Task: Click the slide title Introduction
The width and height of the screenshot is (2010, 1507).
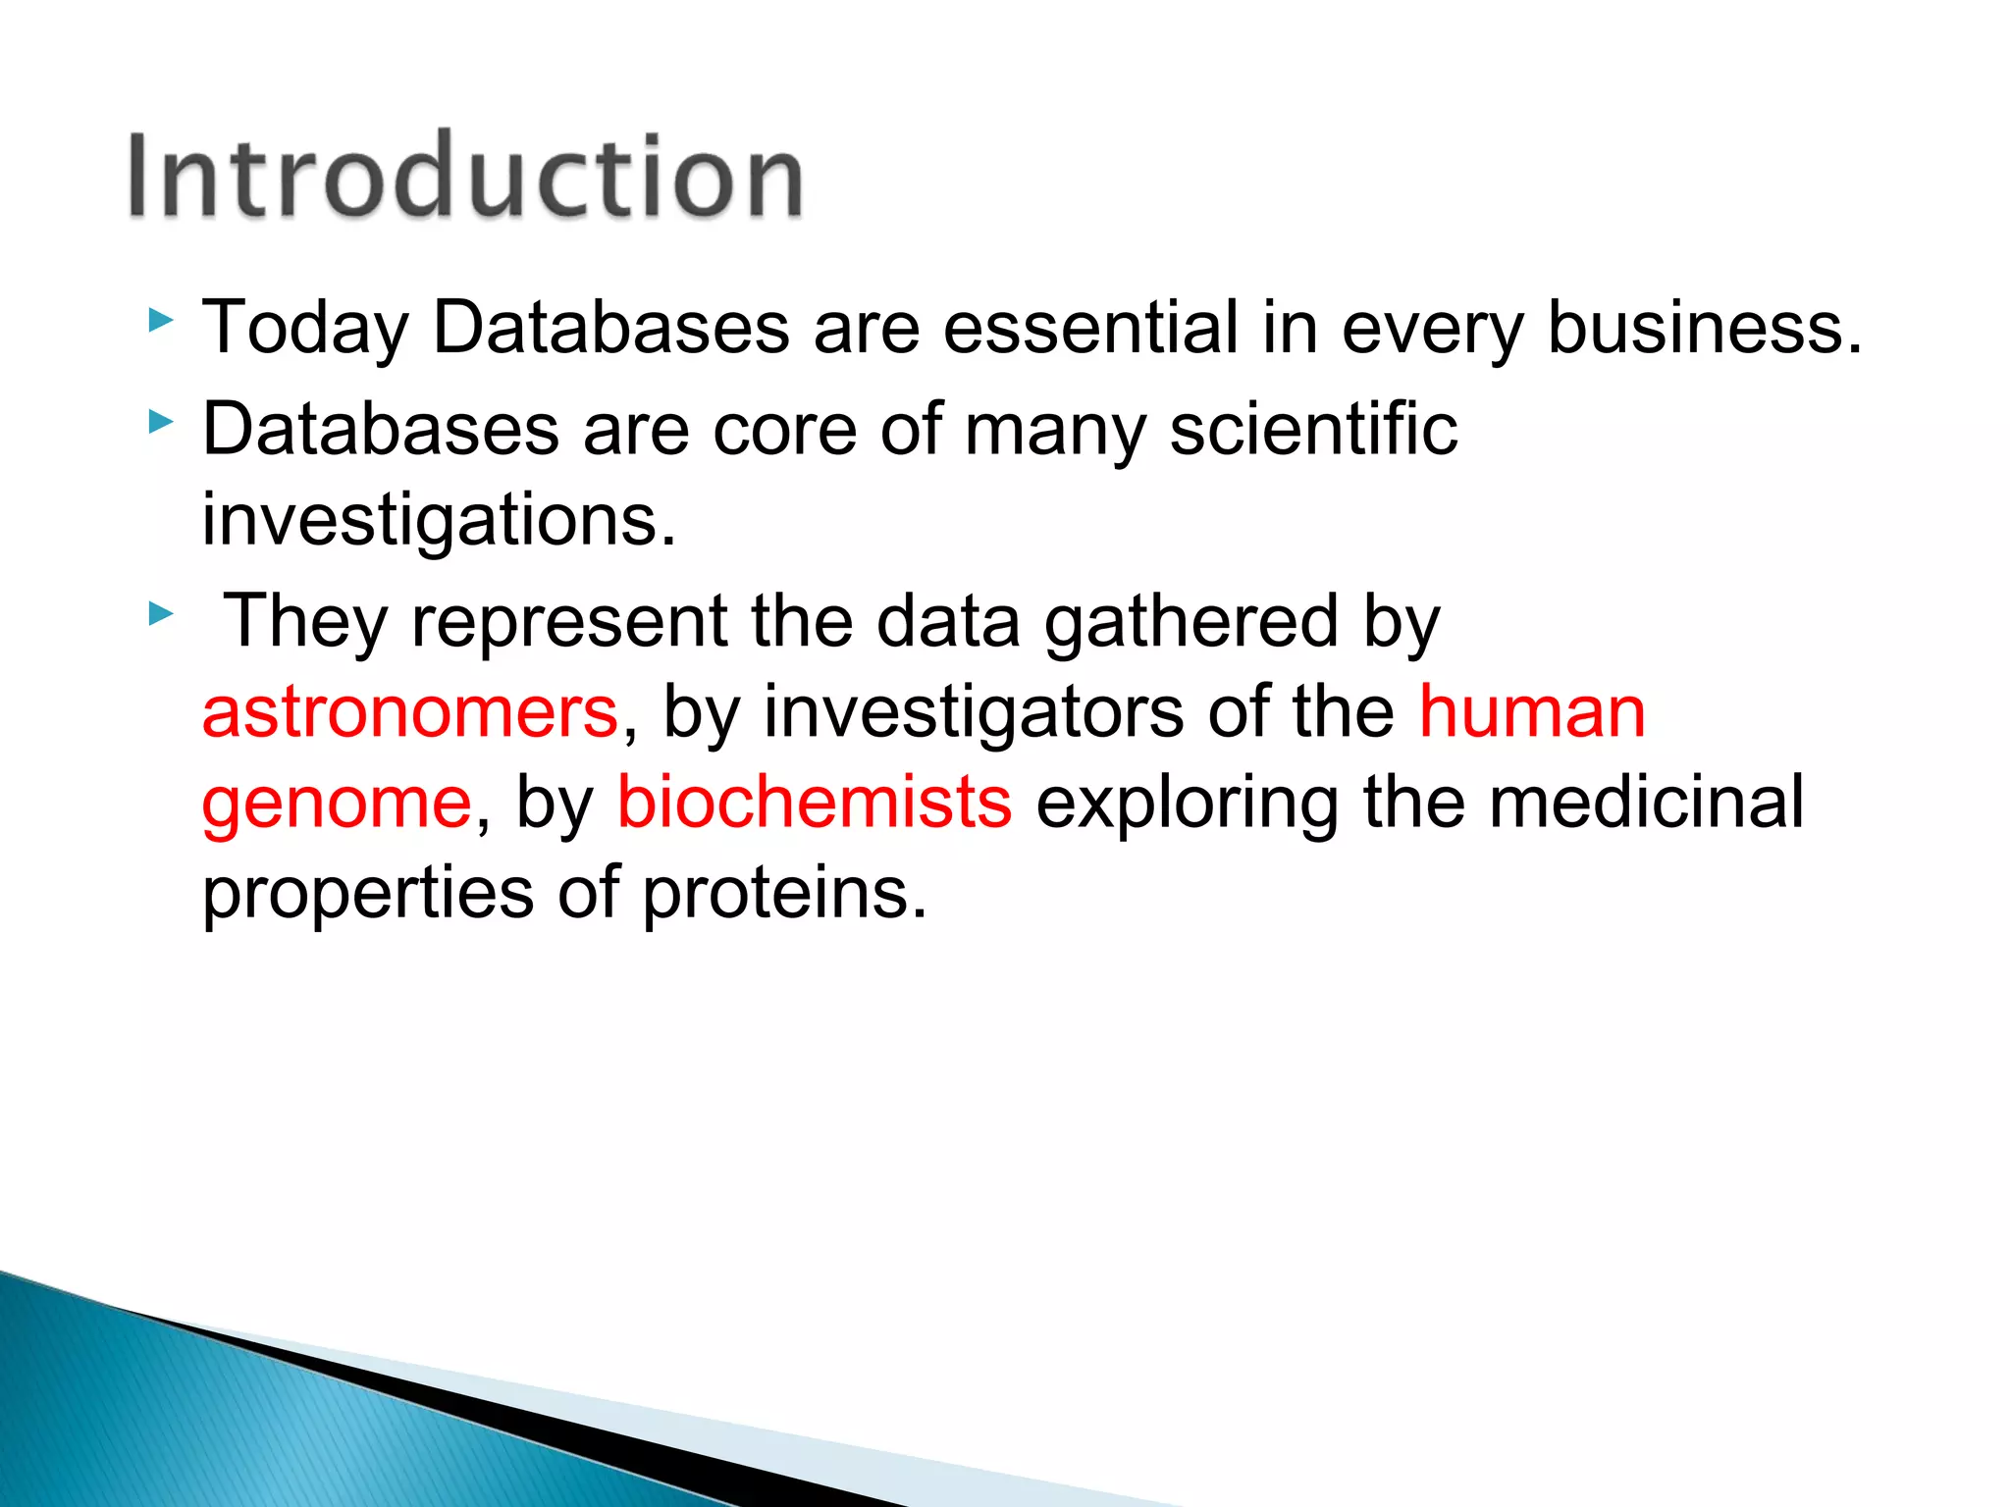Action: [x=465, y=177]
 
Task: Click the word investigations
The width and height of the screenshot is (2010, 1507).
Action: [x=438, y=521]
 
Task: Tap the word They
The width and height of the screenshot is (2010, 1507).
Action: [x=305, y=622]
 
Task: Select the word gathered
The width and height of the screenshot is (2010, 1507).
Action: [x=1190, y=622]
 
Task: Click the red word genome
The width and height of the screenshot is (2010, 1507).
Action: [x=337, y=804]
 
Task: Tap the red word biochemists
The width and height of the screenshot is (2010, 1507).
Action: [x=814, y=802]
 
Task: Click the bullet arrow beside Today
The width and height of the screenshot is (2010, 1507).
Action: [x=161, y=321]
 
